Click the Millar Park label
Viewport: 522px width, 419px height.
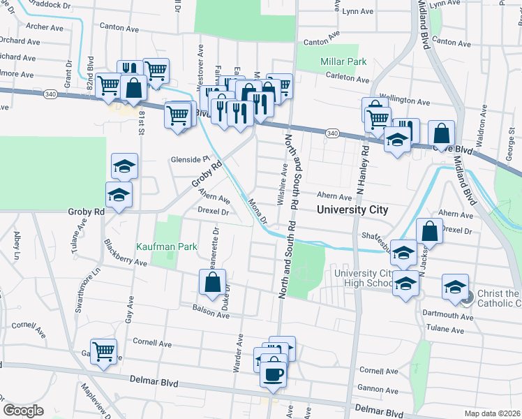(x=343, y=62)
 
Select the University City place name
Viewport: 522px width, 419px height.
(x=352, y=209)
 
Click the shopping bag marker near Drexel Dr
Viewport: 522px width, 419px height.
(x=430, y=231)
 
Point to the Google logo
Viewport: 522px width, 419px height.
(x=23, y=411)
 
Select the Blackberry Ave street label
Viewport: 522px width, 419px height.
(x=125, y=253)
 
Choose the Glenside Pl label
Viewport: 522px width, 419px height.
(x=190, y=159)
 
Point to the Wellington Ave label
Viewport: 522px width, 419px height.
(x=404, y=101)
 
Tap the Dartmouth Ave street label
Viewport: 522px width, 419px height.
(x=449, y=316)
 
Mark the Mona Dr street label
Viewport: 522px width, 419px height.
(x=258, y=210)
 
